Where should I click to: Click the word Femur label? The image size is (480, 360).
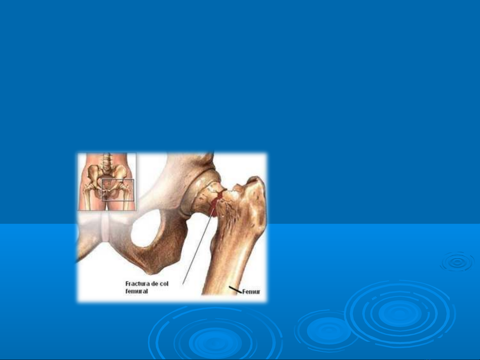click(x=251, y=292)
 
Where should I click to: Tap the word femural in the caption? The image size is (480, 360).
click(x=137, y=291)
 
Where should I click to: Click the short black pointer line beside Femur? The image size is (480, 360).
click(x=236, y=289)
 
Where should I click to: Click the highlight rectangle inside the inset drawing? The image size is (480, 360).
click(x=118, y=190)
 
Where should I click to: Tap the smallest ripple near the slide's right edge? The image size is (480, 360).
click(x=457, y=262)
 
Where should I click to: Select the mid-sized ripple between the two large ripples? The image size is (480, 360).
click(x=328, y=330)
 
